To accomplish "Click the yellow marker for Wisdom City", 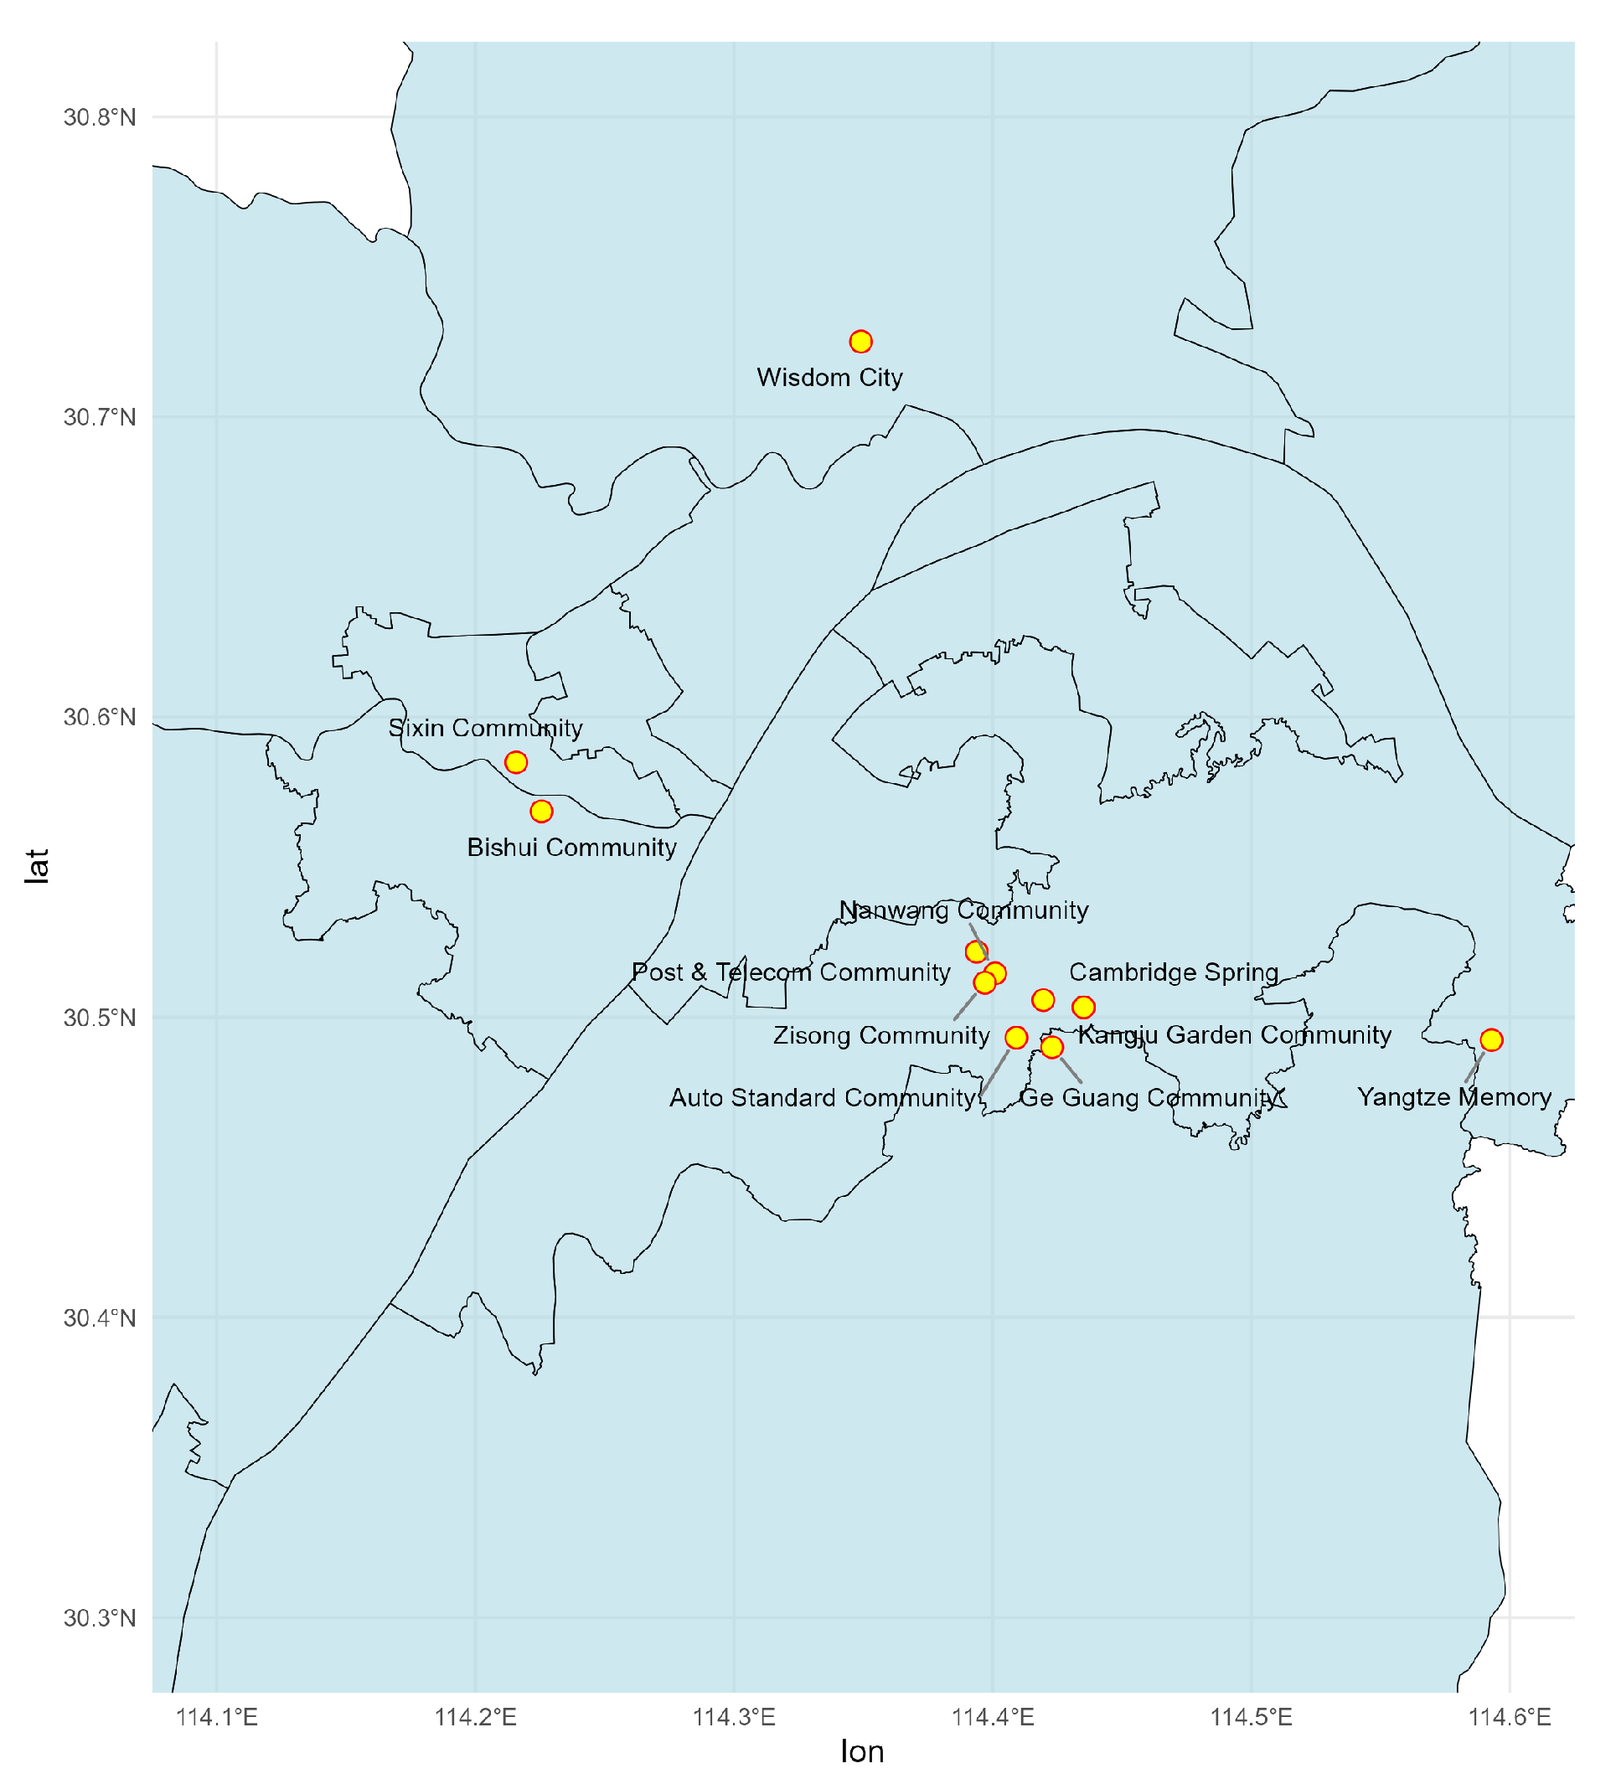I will click(860, 342).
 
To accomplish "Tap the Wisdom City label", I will click(829, 378).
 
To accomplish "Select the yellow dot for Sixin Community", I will click(516, 762).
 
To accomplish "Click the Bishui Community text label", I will click(571, 848).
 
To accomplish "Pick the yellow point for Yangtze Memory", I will click(1491, 1039).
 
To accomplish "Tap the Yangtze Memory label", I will click(1454, 1097).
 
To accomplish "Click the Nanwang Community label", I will click(963, 910).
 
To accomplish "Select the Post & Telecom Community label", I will click(790, 972).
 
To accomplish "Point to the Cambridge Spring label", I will click(1174, 972).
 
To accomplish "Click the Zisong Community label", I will click(880, 1035).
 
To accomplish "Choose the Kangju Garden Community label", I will click(1234, 1034).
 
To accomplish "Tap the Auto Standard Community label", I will click(822, 1097).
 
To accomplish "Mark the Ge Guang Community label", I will click(1148, 1097).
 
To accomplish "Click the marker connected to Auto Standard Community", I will click(1016, 1037).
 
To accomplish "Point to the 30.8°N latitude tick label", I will click(99, 116).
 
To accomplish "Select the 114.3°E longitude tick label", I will click(734, 1718).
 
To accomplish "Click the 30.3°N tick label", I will click(99, 1618).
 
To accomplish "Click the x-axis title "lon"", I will click(862, 1752).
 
